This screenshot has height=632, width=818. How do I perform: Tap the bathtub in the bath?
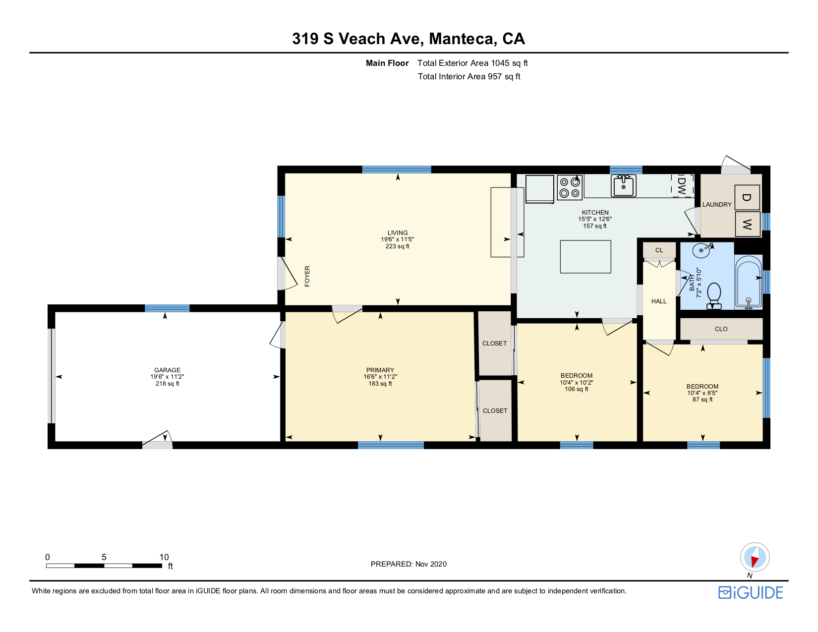pos(749,282)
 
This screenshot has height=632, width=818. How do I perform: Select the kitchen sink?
pos(623,185)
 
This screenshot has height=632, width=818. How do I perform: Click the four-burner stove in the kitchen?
pos(570,187)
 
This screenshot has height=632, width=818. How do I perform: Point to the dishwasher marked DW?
pos(682,185)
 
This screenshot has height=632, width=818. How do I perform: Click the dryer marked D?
pos(747,198)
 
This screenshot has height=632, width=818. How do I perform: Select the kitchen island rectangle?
pos(585,257)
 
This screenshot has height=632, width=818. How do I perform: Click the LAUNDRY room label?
pos(717,205)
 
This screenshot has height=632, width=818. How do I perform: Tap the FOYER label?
pos(307,276)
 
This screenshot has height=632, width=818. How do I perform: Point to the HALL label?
pos(659,301)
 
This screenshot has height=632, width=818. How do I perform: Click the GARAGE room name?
pos(167,370)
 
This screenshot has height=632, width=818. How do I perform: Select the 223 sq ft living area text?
pos(398,246)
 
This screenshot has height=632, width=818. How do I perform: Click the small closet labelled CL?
pos(659,250)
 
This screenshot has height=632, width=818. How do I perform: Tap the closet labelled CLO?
pos(721,329)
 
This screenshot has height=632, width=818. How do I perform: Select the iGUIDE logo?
pos(751,592)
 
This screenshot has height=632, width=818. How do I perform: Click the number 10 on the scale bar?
pos(164,557)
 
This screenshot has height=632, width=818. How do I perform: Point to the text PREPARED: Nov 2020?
pos(409,564)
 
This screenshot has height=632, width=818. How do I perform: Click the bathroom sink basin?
pos(701,250)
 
